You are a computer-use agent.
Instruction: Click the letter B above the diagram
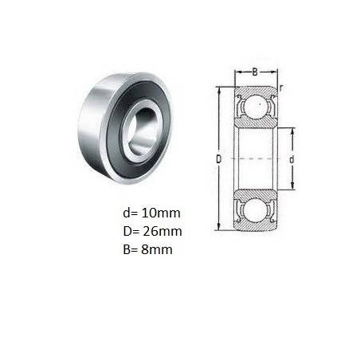255,72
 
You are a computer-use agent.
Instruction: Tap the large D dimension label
218,159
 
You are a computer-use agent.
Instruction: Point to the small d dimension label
292,159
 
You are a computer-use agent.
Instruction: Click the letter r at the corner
280,88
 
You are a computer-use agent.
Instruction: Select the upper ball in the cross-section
256,106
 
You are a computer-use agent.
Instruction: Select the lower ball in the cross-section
256,211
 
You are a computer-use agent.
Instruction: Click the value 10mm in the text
161,213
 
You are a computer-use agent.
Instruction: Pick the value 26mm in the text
162,231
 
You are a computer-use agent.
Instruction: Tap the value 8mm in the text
157,249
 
